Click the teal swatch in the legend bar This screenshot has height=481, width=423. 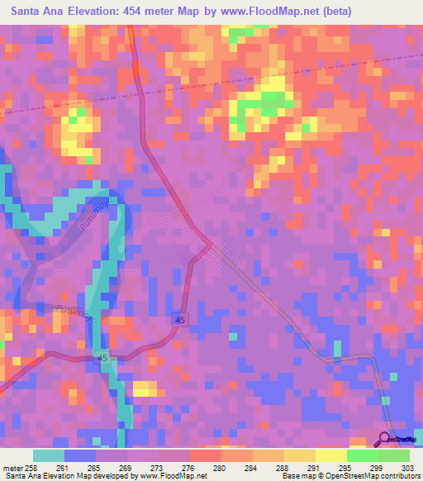(x=49, y=456)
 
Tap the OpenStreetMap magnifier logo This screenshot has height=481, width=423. (x=386, y=439)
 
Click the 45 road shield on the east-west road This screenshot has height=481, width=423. (x=102, y=358)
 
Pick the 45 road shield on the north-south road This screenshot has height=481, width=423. (x=179, y=318)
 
